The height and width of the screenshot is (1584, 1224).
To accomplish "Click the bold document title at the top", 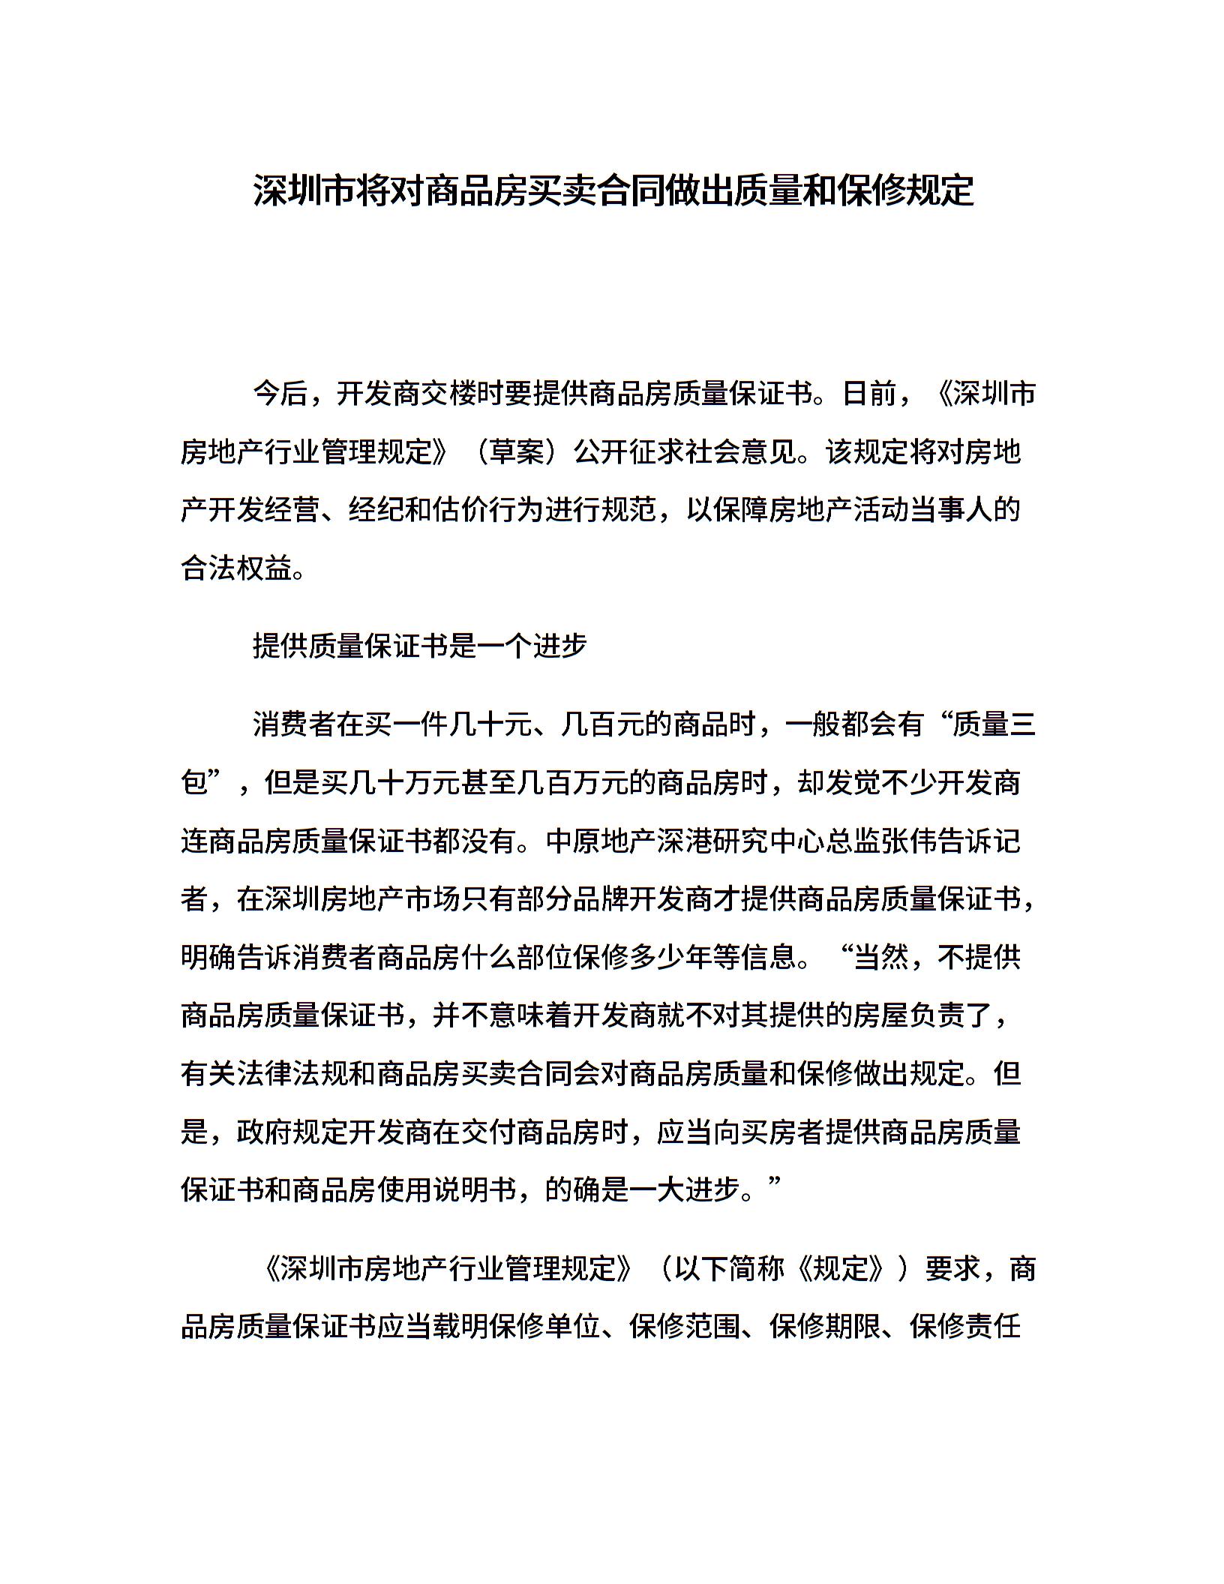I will click(613, 190).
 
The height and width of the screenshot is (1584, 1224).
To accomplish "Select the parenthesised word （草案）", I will click(517, 451).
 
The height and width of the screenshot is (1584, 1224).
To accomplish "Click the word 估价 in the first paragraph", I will click(462, 510).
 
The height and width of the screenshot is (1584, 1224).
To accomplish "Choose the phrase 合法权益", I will click(236, 568).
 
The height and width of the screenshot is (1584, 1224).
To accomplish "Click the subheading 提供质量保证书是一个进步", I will click(419, 645).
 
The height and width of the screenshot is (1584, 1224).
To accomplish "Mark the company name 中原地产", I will click(601, 841).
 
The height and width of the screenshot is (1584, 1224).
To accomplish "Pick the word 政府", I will click(265, 1132).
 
